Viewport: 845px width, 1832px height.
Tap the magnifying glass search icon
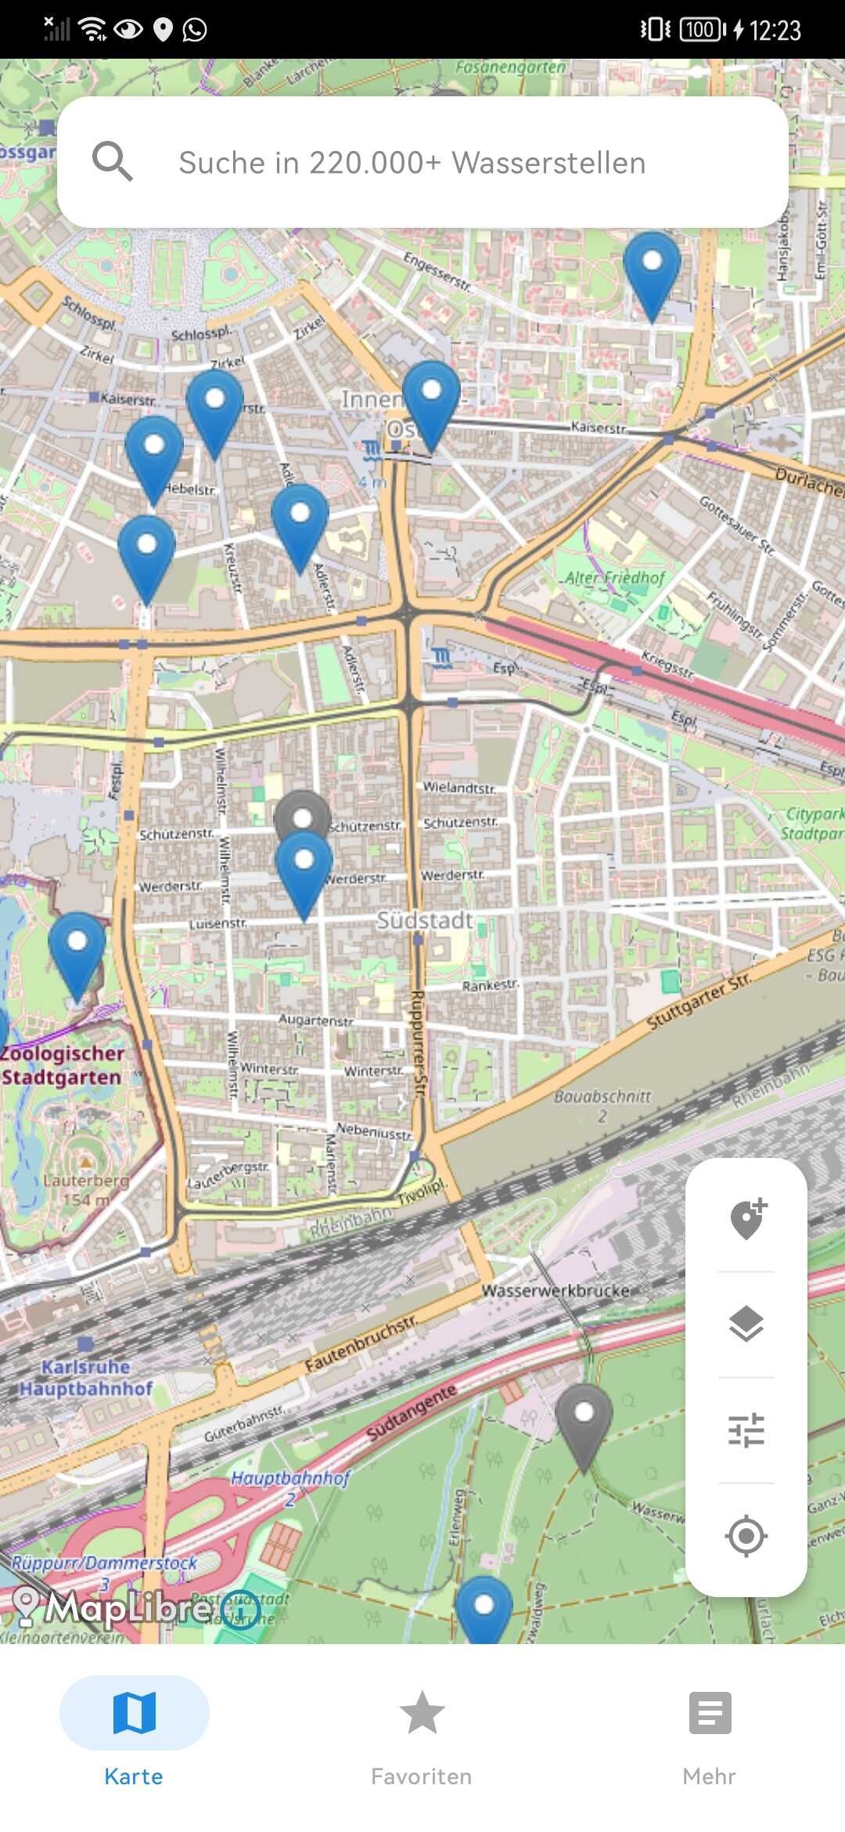[112, 161]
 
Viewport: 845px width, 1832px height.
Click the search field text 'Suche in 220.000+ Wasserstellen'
[412, 163]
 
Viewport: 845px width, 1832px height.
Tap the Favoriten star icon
[422, 1712]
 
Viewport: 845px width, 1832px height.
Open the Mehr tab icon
[710, 1712]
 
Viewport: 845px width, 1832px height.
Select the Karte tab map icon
[135, 1712]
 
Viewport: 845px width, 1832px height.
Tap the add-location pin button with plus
[747, 1219]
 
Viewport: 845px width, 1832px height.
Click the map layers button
[746, 1324]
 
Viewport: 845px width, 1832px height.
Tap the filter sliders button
[746, 1430]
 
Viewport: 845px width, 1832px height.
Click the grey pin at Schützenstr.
[303, 814]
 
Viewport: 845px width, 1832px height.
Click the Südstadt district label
[425, 920]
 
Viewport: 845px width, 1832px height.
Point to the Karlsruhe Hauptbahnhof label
[86, 1377]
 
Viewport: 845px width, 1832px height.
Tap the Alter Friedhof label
[615, 578]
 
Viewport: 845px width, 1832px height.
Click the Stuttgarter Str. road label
[699, 1000]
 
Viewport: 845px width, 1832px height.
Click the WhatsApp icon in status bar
[195, 30]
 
